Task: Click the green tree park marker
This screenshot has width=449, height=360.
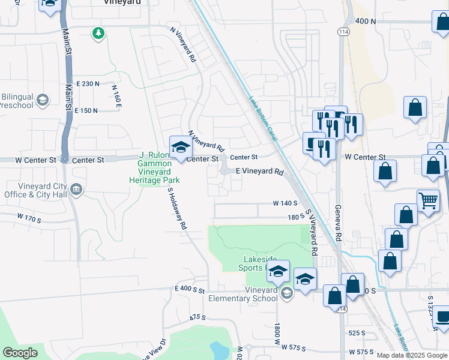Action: (98, 33)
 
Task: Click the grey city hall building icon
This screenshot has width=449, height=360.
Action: (76, 190)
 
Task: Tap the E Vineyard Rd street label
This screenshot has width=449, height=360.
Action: (259, 172)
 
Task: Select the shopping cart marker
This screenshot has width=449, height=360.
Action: (427, 200)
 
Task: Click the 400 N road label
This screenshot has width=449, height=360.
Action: (366, 21)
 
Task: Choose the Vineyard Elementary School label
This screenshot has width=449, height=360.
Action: (243, 294)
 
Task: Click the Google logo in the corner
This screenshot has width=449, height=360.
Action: (20, 353)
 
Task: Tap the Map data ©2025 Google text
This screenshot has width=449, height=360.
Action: (412, 355)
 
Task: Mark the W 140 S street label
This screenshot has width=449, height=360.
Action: (285, 204)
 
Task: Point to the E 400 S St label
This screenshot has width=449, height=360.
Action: (191, 289)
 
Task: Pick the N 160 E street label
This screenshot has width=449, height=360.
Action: (116, 97)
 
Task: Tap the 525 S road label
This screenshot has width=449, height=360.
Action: (357, 332)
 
